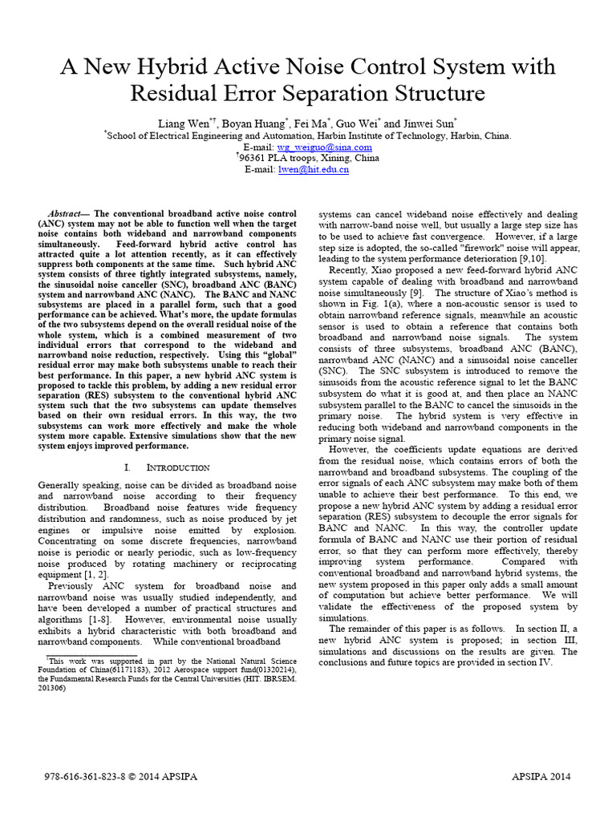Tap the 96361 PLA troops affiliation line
309,158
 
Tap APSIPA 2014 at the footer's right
541,778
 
